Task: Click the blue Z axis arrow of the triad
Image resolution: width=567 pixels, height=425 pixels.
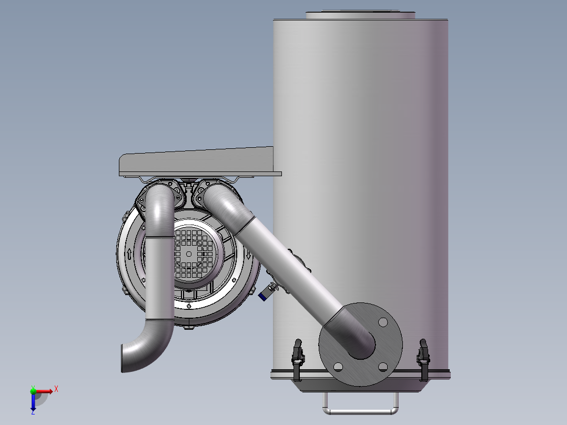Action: [33, 403]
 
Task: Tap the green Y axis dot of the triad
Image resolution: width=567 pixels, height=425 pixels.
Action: [33, 390]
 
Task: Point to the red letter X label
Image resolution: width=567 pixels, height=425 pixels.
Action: [56, 389]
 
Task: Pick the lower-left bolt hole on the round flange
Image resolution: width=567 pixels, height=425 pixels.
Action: [338, 366]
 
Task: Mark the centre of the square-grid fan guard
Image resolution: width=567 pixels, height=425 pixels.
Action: [189, 254]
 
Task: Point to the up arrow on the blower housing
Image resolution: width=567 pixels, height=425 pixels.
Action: [129, 254]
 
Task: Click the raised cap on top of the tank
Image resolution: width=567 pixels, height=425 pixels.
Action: [361, 15]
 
